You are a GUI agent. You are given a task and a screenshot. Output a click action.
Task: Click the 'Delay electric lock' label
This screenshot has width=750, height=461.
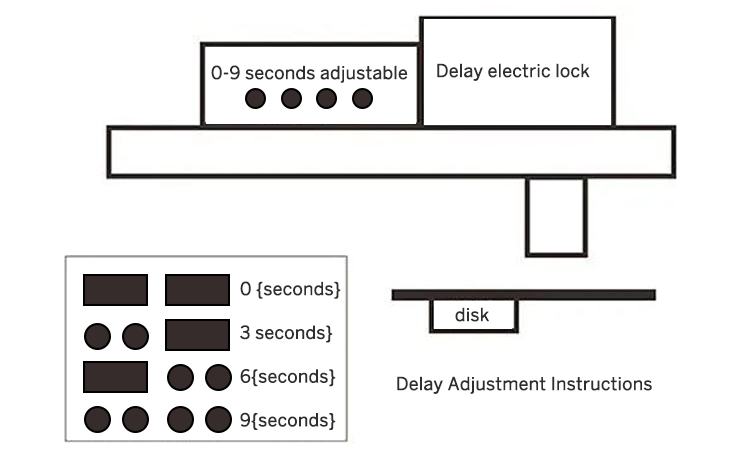[513, 71]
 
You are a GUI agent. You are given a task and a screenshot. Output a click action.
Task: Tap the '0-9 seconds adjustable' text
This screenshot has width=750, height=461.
[309, 73]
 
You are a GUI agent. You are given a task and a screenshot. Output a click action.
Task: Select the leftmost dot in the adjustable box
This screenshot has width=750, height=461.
[256, 98]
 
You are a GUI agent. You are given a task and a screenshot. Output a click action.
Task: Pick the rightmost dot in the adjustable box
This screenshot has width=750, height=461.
[362, 98]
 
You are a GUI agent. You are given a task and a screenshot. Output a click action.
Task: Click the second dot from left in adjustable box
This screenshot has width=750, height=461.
[291, 98]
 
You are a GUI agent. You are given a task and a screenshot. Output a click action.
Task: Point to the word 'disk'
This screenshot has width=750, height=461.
[472, 315]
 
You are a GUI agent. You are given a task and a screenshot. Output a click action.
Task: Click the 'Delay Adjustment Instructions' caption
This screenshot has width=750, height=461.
[524, 384]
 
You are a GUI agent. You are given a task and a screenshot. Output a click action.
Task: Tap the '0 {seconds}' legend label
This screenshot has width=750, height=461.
[291, 289]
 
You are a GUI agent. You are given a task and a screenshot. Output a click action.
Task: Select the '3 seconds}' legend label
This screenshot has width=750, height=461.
[287, 331]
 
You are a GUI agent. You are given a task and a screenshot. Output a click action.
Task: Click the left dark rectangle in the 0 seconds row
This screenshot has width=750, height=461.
[115, 290]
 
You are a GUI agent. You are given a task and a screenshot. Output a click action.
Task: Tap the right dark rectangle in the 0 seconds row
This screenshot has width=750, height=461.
[197, 290]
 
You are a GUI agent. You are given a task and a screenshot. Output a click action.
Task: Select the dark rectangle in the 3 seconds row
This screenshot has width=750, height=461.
[197, 334]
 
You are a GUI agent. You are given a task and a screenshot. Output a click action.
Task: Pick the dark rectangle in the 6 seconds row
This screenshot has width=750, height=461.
[115, 377]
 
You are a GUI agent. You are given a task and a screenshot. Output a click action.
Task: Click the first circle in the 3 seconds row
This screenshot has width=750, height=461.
[98, 334]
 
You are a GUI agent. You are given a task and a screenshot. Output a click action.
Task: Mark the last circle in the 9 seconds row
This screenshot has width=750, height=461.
[217, 419]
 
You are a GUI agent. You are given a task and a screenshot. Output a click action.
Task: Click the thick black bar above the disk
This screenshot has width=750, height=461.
[523, 294]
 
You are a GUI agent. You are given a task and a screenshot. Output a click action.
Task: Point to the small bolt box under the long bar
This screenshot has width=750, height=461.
[555, 217]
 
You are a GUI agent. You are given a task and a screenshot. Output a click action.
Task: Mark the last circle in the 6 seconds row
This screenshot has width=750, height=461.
[217, 377]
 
